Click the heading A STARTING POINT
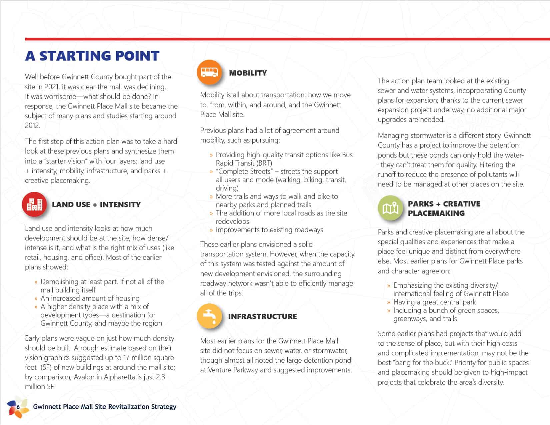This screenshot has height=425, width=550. (92, 56)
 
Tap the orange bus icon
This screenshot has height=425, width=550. (209, 72)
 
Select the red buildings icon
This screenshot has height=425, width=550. (34, 204)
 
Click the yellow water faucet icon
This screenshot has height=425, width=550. (209, 316)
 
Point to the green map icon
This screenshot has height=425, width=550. (390, 208)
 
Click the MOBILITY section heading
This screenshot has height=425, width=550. (248, 73)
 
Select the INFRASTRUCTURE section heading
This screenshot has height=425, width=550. (262, 316)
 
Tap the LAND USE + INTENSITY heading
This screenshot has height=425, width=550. (96, 205)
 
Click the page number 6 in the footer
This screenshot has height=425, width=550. (18, 407)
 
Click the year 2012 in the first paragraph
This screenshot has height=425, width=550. (32, 126)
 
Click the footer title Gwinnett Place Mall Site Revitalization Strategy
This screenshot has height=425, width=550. (105, 407)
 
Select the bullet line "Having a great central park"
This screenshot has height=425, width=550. (434, 302)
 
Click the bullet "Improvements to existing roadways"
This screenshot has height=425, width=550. (269, 229)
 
